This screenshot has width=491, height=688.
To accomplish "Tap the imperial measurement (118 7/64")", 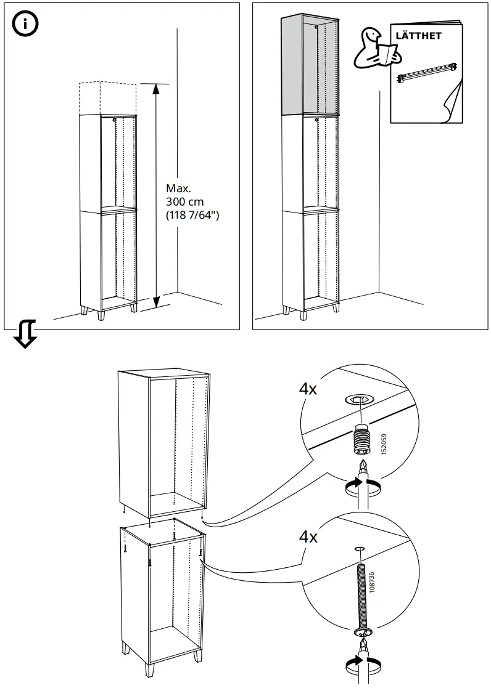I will pyautogui.click(x=192, y=215).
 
